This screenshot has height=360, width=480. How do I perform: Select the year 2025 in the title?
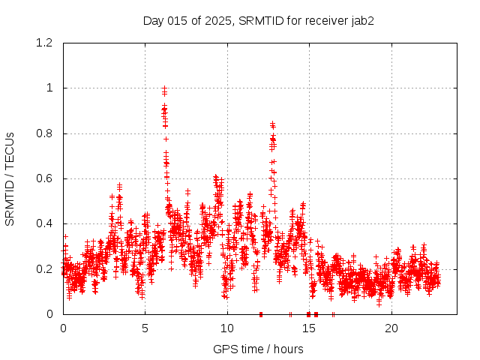(217, 20)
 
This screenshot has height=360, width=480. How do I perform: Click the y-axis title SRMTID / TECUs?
(10, 178)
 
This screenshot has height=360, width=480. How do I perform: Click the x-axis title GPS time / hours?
(258, 349)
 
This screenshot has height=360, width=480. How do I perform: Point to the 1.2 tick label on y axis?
(43, 43)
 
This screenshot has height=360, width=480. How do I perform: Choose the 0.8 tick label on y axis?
(43, 133)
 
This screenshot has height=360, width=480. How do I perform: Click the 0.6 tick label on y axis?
(43, 178)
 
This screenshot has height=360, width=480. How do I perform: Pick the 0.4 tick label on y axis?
(43, 223)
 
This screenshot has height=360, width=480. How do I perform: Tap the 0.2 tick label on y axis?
(43, 268)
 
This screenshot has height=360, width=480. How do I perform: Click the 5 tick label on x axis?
(145, 328)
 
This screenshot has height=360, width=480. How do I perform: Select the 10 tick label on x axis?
(227, 328)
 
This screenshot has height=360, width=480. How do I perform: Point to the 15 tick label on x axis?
(310, 328)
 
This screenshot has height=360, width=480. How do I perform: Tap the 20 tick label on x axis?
(391, 328)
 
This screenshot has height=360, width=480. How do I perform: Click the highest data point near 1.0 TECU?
(164, 88)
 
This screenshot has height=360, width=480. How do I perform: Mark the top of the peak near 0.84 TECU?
(272, 124)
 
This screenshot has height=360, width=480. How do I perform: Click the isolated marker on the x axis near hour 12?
(260, 313)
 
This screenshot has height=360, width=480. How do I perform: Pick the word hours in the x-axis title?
(288, 349)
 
